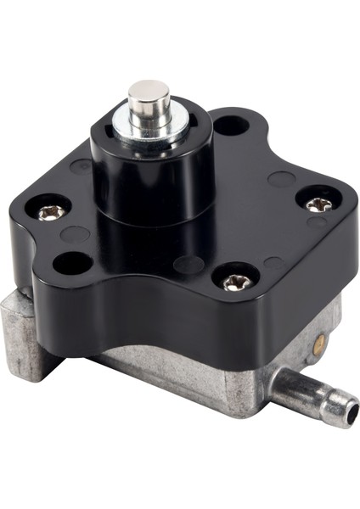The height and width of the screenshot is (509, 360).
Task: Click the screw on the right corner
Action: (318, 204)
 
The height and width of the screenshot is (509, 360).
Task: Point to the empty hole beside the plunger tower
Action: (230, 127)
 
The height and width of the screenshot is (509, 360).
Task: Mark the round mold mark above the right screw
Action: (281, 179)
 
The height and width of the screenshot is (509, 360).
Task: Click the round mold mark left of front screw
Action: (188, 265)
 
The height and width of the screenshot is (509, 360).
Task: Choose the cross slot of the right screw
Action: (318, 204)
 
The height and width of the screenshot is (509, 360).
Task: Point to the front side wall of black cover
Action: (195, 318)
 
